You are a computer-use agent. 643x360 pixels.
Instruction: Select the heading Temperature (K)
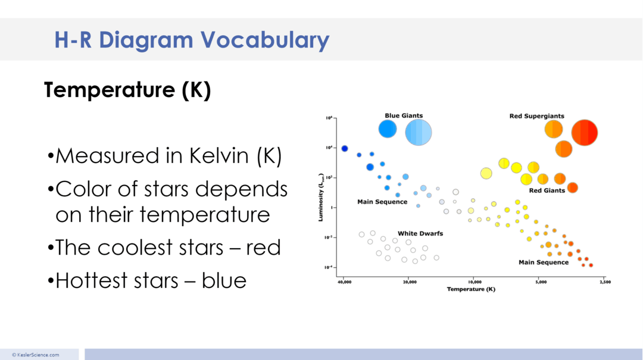click(127, 90)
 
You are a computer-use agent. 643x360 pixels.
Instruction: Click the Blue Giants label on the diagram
click(404, 116)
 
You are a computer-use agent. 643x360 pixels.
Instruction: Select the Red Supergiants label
click(536, 116)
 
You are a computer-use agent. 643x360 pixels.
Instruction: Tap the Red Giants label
click(547, 191)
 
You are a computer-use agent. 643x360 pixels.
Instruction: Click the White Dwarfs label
click(420, 234)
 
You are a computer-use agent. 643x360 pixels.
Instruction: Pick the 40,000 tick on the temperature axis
click(344, 281)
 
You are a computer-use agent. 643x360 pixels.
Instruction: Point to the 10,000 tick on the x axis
click(474, 281)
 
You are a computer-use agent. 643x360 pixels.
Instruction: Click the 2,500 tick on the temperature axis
click(604, 281)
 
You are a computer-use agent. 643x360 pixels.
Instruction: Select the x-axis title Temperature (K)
click(471, 289)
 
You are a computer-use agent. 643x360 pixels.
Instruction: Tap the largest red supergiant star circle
click(584, 132)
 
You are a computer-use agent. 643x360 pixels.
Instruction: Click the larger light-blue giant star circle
click(419, 132)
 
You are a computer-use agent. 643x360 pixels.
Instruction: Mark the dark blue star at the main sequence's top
click(344, 149)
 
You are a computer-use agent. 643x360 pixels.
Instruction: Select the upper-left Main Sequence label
click(382, 202)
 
